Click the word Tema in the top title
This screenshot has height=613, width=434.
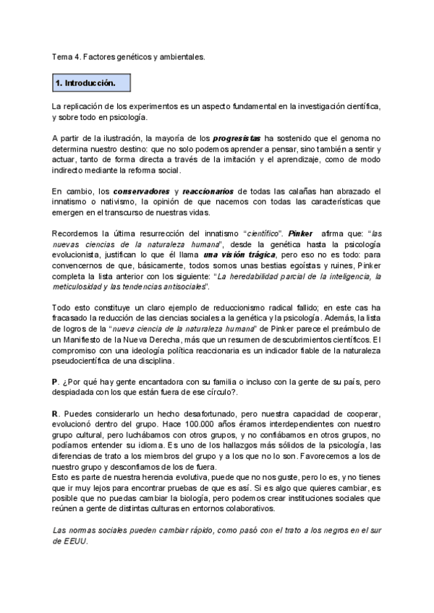[63, 55]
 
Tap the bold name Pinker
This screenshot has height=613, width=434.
[301, 234]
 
